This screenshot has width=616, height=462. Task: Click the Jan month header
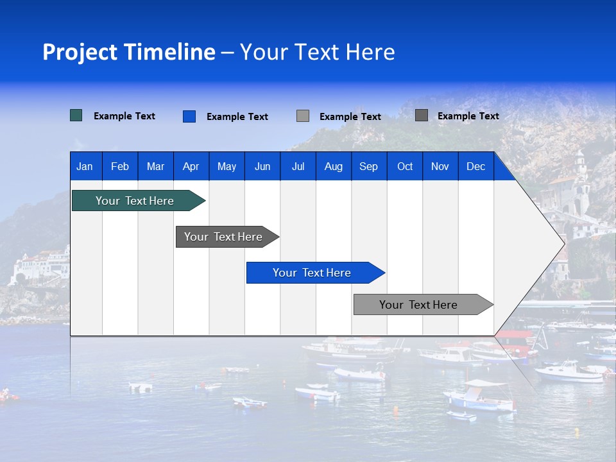point(85,166)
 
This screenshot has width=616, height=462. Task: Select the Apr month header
point(191,166)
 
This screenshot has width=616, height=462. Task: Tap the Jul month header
point(298,166)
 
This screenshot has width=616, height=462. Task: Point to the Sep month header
point(368,166)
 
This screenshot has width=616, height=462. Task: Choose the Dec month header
point(475,166)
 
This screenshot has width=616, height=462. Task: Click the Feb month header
point(120,166)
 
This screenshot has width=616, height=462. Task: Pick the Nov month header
point(440,166)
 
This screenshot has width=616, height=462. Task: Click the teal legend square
point(76,116)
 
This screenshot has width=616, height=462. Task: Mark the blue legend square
point(189,116)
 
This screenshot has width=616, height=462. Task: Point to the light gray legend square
point(303,116)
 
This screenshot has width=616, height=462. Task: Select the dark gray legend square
point(422,116)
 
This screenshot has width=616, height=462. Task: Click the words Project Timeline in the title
point(129,52)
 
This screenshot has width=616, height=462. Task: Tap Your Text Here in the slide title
point(317,52)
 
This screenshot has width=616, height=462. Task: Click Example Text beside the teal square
point(124,116)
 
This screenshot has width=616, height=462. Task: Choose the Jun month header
point(262,166)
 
